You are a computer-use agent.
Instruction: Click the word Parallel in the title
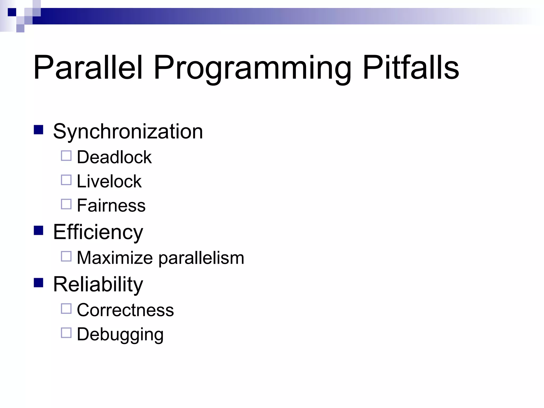88,67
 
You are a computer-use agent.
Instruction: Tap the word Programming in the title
252,67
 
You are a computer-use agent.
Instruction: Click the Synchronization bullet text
128,131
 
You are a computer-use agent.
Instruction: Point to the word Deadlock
114,157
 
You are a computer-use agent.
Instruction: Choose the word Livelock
109,181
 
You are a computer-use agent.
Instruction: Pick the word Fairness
111,206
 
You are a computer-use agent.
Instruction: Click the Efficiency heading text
98,232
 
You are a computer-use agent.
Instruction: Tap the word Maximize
115,258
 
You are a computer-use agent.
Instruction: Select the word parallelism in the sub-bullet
201,258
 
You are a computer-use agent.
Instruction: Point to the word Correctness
125,310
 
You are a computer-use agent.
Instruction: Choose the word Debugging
120,334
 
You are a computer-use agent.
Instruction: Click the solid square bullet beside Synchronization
39,130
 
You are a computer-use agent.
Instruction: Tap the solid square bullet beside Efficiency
39,231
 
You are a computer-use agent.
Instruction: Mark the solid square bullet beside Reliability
39,283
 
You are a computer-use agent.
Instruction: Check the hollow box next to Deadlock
66,156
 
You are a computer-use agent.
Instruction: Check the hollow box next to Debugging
66,333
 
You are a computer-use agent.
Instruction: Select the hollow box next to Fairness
66,204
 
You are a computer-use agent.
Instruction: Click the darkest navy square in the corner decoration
12,12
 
